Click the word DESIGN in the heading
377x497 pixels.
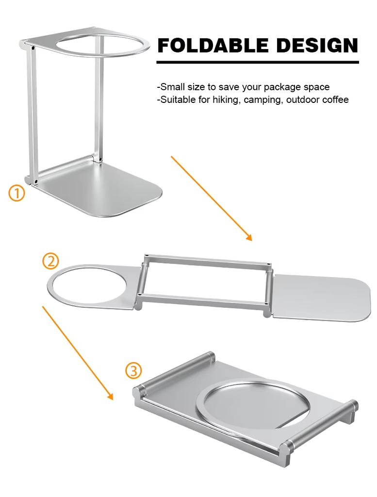(x=317, y=46)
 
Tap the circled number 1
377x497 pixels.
(x=16, y=193)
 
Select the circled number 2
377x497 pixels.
(x=50, y=261)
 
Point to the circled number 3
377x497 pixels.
(x=133, y=371)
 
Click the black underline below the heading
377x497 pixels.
(x=258, y=62)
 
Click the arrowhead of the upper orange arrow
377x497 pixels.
(x=249, y=238)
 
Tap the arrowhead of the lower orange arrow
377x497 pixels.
(x=110, y=397)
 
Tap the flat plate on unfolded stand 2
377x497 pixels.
(x=320, y=297)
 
